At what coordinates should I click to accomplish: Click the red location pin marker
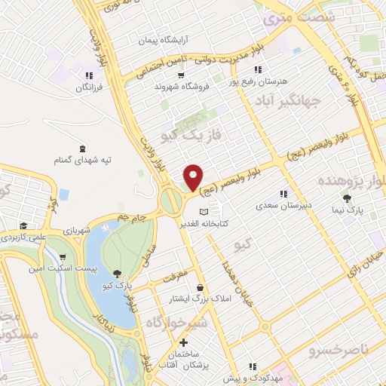pyautogui.click(x=194, y=177)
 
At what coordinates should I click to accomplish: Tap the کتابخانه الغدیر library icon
pyautogui.click(x=202, y=211)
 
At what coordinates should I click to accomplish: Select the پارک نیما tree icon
pyautogui.click(x=347, y=198)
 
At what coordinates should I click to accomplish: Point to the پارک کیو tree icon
pyautogui.click(x=116, y=274)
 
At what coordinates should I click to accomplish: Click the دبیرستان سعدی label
pyautogui.click(x=278, y=205)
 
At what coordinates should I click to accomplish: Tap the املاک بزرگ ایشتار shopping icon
pyautogui.click(x=199, y=287)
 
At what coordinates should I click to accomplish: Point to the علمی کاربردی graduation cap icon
pyautogui.click(x=23, y=225)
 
